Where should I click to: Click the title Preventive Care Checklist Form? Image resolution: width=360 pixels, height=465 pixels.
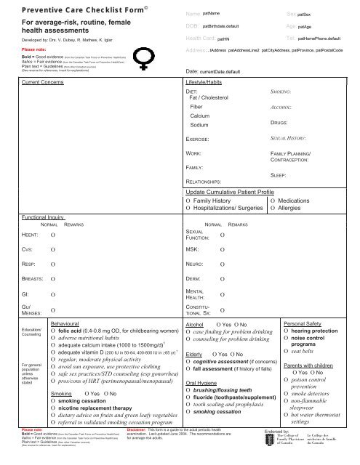[x=79, y=12]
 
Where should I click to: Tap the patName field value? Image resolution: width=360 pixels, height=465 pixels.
[x=210, y=15]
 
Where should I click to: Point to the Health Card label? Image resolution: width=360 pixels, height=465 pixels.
[x=200, y=37]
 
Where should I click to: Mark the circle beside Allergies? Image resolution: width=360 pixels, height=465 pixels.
[x=273, y=209]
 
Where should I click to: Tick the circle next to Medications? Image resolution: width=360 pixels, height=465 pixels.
[x=273, y=200]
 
